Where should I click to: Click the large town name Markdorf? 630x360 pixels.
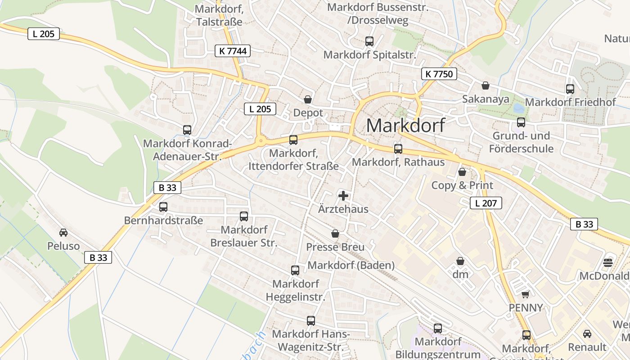(405, 125)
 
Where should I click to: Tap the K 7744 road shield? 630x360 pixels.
(233, 51)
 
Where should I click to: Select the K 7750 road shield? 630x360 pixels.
(439, 74)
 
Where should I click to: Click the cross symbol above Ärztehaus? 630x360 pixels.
(343, 196)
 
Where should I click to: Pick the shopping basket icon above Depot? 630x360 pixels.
(308, 99)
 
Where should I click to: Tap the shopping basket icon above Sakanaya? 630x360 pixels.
(486, 85)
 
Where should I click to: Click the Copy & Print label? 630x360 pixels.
(462, 185)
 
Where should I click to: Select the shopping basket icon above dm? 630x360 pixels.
(460, 261)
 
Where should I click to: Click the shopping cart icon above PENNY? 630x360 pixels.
(525, 294)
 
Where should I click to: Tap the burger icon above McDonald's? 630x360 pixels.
(608, 262)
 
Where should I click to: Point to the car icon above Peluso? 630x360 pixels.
(63, 233)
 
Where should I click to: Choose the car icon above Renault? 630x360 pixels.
(587, 334)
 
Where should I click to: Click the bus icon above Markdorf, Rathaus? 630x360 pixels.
(398, 148)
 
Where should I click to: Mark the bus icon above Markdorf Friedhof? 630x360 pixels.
(570, 89)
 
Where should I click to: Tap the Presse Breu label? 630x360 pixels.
(335, 247)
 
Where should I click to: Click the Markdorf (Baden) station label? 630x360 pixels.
(351, 265)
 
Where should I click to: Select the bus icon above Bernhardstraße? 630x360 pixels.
(163, 207)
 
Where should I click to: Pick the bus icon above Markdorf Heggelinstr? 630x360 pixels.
(295, 270)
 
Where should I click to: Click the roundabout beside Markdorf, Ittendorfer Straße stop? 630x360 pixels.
(261, 141)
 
